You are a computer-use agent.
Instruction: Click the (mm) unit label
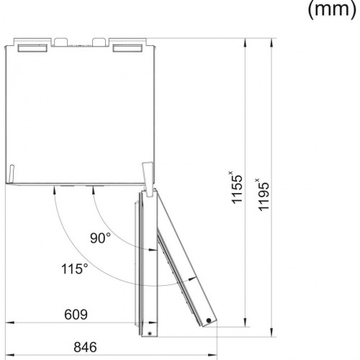pyautogui.click(x=332, y=9)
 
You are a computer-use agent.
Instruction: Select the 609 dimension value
pyautogui.click(x=76, y=315)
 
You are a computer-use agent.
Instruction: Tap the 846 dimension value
pyautogui.click(x=85, y=347)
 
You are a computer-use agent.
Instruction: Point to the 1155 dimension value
pyautogui.click(x=236, y=188)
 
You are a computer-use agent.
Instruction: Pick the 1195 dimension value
pyautogui.click(x=263, y=195)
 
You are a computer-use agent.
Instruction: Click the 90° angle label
pyautogui.click(x=100, y=238)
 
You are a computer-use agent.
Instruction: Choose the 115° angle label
pyautogui.click(x=75, y=269)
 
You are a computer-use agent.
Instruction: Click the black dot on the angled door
pyautogui.click(x=209, y=320)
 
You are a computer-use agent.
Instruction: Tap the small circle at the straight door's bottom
pyautogui.click(x=150, y=333)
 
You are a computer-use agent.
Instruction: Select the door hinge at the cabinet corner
pyautogui.click(x=148, y=179)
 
